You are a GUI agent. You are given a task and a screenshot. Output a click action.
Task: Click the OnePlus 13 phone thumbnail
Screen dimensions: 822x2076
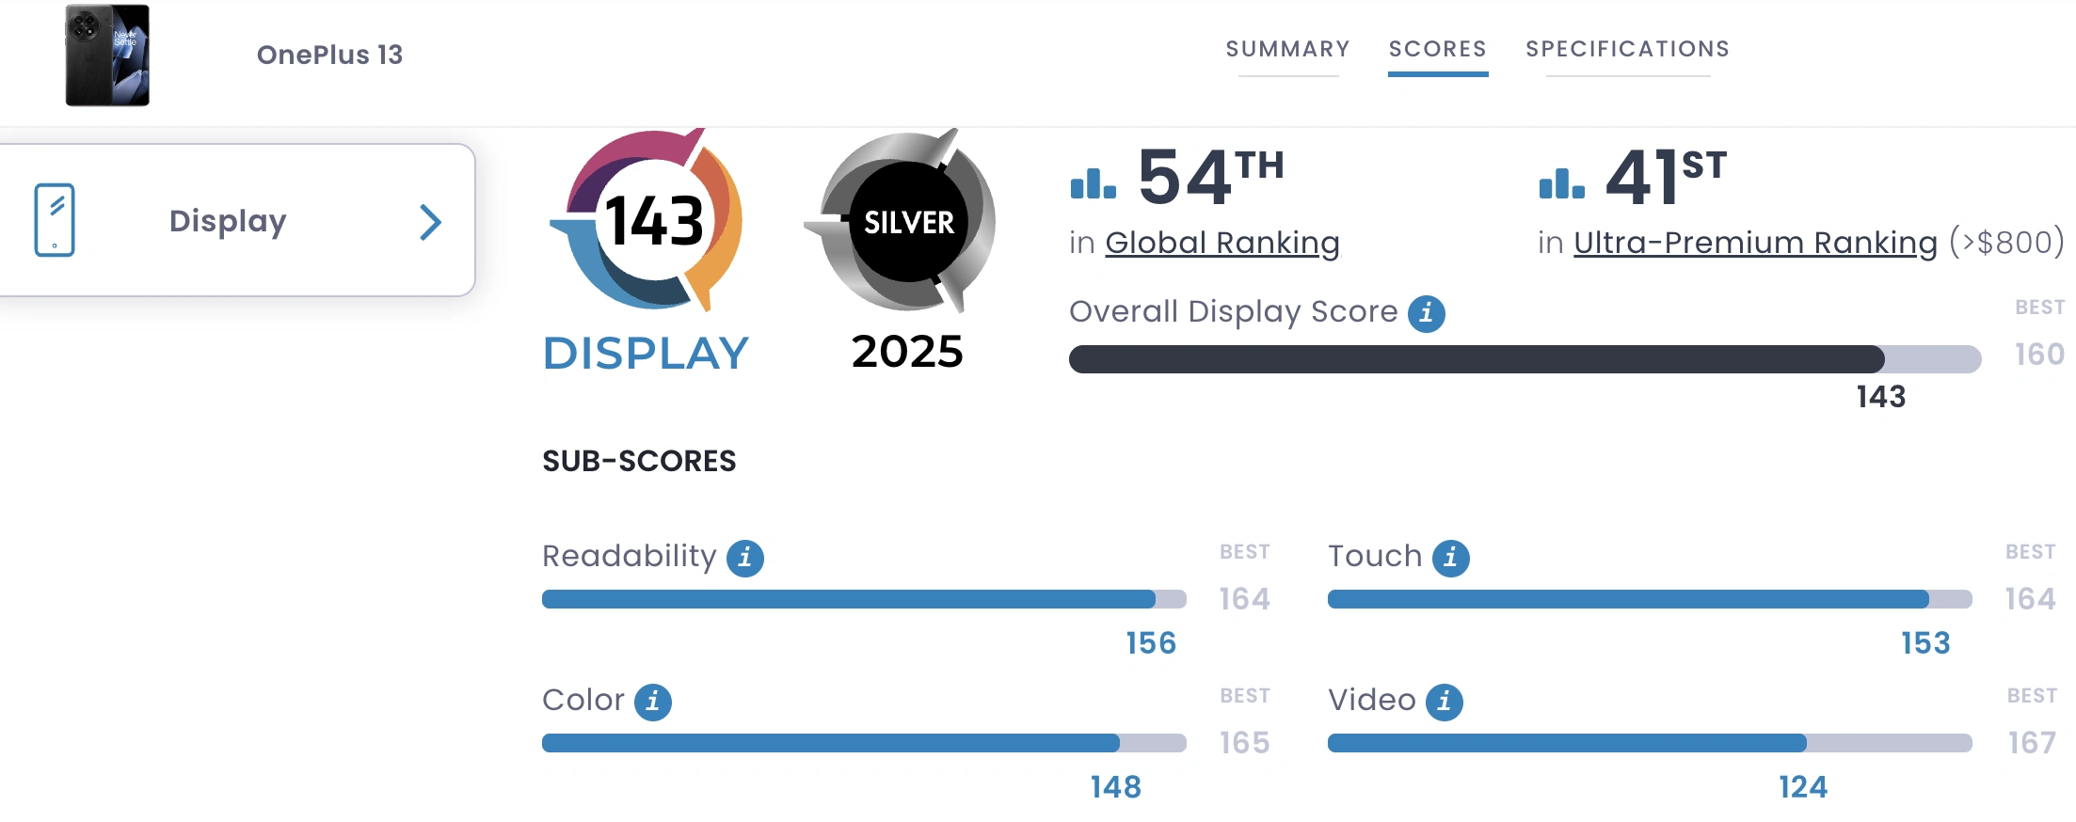click(107, 55)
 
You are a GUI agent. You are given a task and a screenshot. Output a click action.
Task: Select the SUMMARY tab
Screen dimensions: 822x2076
click(1287, 49)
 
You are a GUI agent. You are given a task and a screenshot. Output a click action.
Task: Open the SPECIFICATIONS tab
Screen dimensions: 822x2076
click(1627, 49)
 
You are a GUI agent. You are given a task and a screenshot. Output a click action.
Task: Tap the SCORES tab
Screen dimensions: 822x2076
click(1437, 49)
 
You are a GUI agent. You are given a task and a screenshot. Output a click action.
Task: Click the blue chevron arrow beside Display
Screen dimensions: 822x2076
click(430, 222)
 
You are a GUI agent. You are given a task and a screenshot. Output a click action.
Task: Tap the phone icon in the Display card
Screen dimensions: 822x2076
click(55, 220)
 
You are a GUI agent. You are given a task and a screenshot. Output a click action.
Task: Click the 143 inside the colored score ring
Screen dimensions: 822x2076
click(654, 222)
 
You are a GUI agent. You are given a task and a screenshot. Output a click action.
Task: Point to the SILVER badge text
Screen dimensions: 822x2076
click(908, 223)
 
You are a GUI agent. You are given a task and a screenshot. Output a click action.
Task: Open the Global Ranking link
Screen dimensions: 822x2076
click(1222, 243)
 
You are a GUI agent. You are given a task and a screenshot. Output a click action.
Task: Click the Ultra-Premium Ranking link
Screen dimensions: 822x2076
click(1755, 243)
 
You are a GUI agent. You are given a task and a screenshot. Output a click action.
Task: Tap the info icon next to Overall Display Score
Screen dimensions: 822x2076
click(1426, 313)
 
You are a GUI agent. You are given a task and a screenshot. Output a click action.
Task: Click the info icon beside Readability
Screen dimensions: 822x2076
click(745, 558)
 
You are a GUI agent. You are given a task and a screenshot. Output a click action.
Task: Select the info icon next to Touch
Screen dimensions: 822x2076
click(1450, 558)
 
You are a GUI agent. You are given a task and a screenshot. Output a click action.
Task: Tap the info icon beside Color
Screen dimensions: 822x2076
click(653, 702)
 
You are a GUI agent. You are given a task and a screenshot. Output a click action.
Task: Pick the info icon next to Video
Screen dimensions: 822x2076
click(1444, 702)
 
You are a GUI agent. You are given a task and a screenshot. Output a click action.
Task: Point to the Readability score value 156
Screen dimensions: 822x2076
click(1151, 643)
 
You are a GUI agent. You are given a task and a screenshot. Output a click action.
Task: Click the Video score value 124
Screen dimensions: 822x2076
click(1802, 787)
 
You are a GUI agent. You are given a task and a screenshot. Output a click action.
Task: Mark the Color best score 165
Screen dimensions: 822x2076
click(1244, 743)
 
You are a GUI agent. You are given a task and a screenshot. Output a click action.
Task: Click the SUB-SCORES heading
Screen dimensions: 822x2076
click(639, 461)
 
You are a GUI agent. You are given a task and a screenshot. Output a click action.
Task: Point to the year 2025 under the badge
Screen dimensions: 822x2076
click(907, 352)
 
